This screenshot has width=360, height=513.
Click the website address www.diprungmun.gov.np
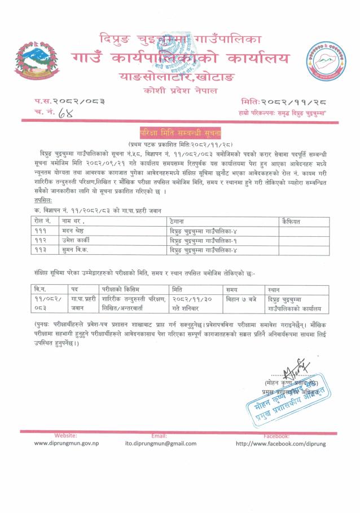click(x=66, y=443)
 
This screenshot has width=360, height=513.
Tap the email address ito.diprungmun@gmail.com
click(x=161, y=444)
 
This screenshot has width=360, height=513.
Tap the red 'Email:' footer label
click(x=160, y=436)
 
